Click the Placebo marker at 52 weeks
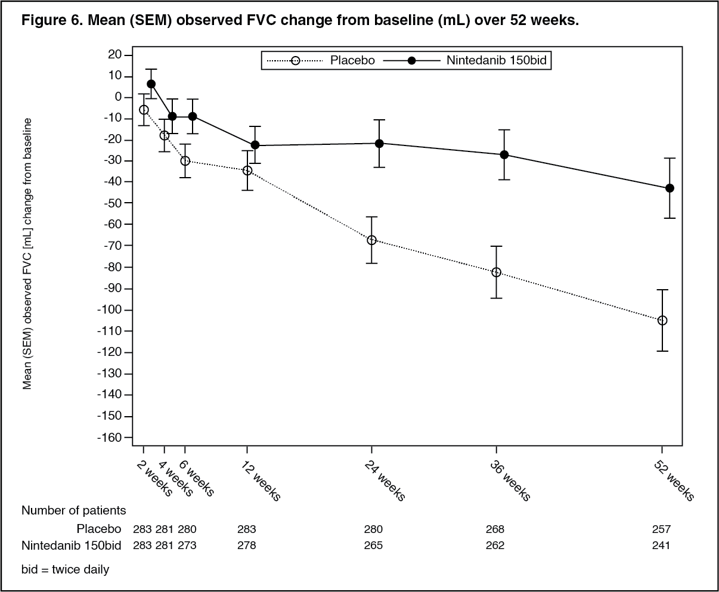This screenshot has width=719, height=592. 662,320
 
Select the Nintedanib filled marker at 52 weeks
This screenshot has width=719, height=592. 670,188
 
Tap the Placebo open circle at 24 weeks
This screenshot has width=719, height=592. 371,240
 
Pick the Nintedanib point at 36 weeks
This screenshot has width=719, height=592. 504,154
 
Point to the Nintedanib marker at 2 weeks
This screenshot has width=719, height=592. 151,84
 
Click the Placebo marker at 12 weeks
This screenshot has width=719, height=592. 247,171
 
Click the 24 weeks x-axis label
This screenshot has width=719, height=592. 385,481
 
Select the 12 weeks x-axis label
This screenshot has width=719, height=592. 261,481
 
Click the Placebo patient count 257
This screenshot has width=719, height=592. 661,529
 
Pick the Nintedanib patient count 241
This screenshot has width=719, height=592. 661,545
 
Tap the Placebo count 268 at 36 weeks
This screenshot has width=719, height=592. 495,529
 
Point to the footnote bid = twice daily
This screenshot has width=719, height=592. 66,569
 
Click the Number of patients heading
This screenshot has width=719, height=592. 74,510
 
